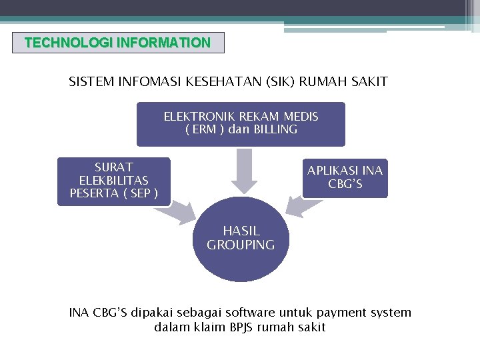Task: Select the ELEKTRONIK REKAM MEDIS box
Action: click(x=241, y=123)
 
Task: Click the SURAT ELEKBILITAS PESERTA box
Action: click(x=113, y=181)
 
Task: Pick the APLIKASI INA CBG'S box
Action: click(x=345, y=177)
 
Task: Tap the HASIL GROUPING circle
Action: click(x=241, y=239)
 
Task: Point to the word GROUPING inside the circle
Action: click(x=241, y=245)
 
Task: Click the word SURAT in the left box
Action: click(x=113, y=167)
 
